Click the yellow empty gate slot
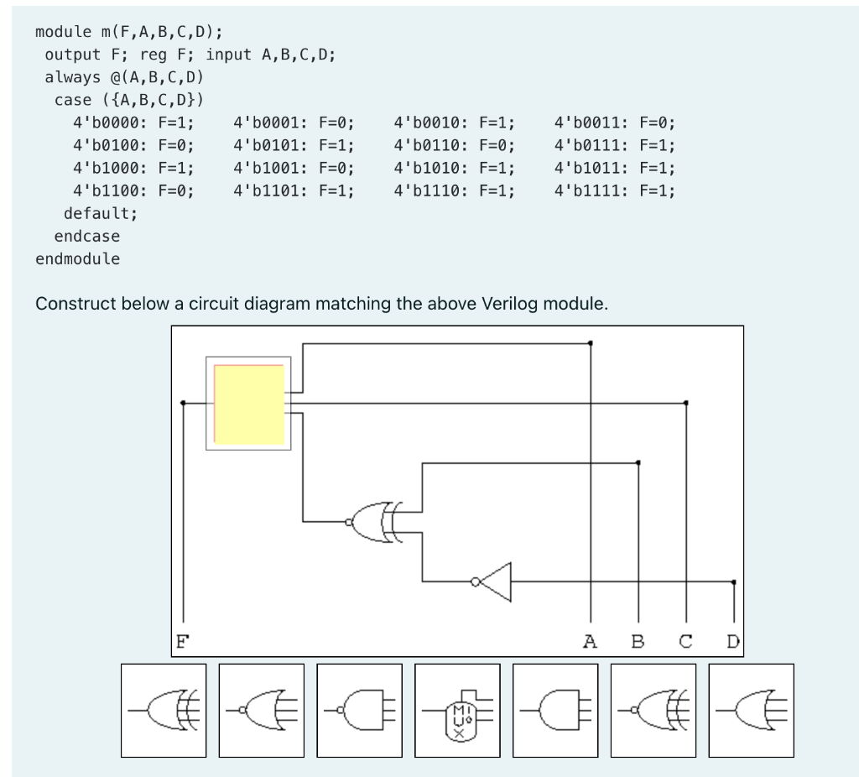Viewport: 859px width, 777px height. (x=248, y=404)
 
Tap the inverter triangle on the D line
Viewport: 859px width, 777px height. (x=495, y=581)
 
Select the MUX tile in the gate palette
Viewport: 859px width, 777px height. (x=457, y=710)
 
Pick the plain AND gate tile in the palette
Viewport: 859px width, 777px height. (x=555, y=710)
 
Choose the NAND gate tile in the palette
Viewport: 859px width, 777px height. (x=359, y=710)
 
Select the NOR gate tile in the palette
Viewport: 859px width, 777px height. (x=261, y=710)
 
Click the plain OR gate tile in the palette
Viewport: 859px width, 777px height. (x=752, y=710)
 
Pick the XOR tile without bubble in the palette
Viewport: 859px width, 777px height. (x=164, y=710)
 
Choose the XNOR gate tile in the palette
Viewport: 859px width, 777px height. (x=653, y=710)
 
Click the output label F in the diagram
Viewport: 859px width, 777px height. (x=180, y=643)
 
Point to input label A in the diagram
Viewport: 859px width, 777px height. (x=590, y=643)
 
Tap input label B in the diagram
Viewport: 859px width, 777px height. (x=638, y=643)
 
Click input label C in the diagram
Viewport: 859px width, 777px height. (x=685, y=643)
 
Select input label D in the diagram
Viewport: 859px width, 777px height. (x=733, y=643)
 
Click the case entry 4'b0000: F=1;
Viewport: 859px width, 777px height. (x=133, y=123)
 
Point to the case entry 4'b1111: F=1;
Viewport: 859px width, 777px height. (x=615, y=190)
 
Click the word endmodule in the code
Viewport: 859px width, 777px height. (x=77, y=259)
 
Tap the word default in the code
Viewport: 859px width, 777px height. (x=99, y=213)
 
